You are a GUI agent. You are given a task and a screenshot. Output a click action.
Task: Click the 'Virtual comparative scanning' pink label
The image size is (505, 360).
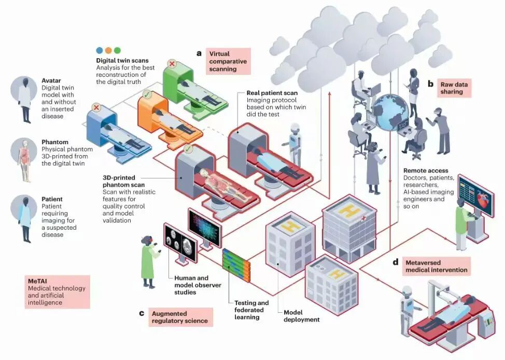pos(228,61)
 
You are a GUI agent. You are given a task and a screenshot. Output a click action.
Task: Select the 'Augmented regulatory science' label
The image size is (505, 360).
pos(179,317)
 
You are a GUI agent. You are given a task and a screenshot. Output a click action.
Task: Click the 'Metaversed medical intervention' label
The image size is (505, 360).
pos(436,266)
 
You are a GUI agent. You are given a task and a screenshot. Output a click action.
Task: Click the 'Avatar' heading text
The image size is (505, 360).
pos(52,80)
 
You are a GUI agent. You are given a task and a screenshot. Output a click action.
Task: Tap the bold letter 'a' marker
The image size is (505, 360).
pos(199,53)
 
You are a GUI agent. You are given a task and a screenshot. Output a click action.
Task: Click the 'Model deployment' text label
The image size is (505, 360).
pos(301,316)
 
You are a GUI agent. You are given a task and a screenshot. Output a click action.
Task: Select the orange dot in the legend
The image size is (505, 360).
pos(108,50)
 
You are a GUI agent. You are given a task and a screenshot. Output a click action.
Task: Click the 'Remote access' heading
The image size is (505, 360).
pos(426,170)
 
